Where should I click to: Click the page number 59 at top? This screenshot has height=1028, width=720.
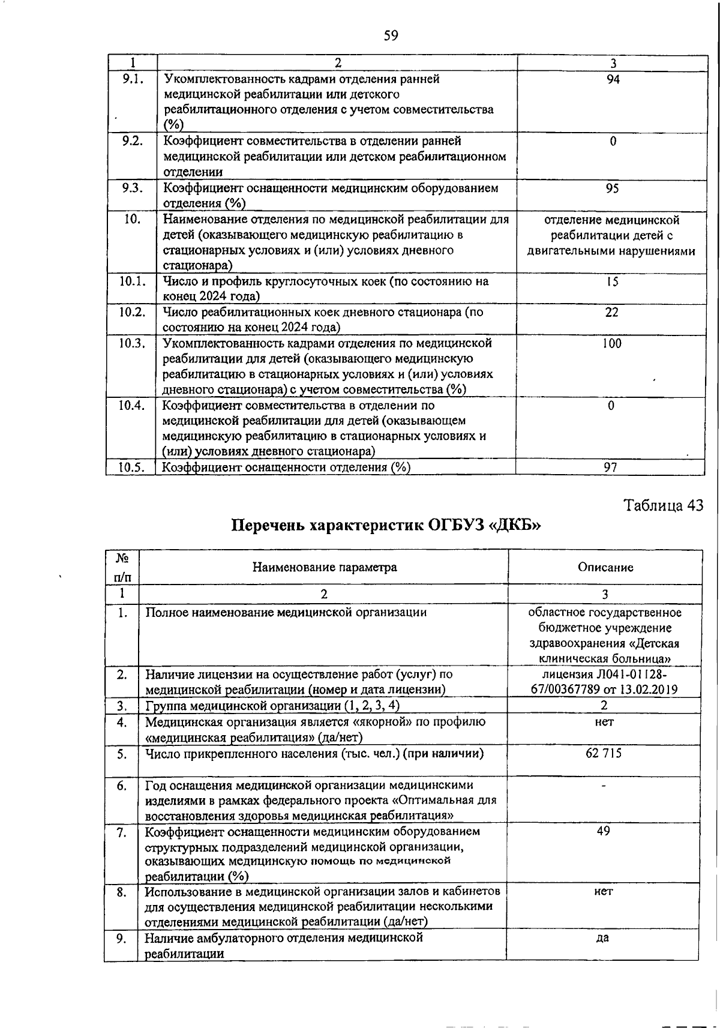391,36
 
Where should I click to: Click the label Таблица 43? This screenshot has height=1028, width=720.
662,505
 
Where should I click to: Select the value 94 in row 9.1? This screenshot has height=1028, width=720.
613,79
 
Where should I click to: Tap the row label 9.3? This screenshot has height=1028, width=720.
131,188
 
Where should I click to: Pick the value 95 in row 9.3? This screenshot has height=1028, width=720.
612,188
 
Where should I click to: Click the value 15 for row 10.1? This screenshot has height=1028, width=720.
611,281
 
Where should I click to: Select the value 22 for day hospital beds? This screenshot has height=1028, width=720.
611,313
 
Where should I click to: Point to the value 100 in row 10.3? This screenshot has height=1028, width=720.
612,344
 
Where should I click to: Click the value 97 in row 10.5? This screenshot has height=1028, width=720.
611,467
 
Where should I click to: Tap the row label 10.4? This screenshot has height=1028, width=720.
131,405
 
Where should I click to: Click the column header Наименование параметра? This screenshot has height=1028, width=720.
324,567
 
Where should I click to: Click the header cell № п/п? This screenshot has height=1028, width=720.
122,568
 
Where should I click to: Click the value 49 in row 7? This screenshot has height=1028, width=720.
604,831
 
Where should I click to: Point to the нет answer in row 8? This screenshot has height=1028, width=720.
604,892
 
